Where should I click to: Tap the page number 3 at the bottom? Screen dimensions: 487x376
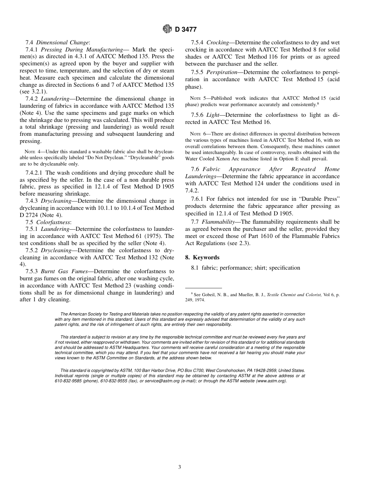click(x=179, y=467)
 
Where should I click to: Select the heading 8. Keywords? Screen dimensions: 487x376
click(x=202, y=257)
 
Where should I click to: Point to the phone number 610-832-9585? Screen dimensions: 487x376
click(x=69, y=381)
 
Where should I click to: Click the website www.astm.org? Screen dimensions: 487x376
click(x=271, y=381)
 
